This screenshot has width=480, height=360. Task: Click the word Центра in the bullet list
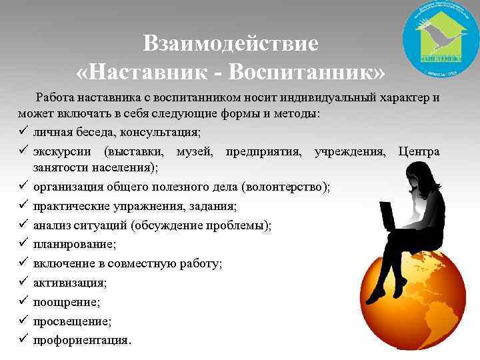(419, 151)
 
